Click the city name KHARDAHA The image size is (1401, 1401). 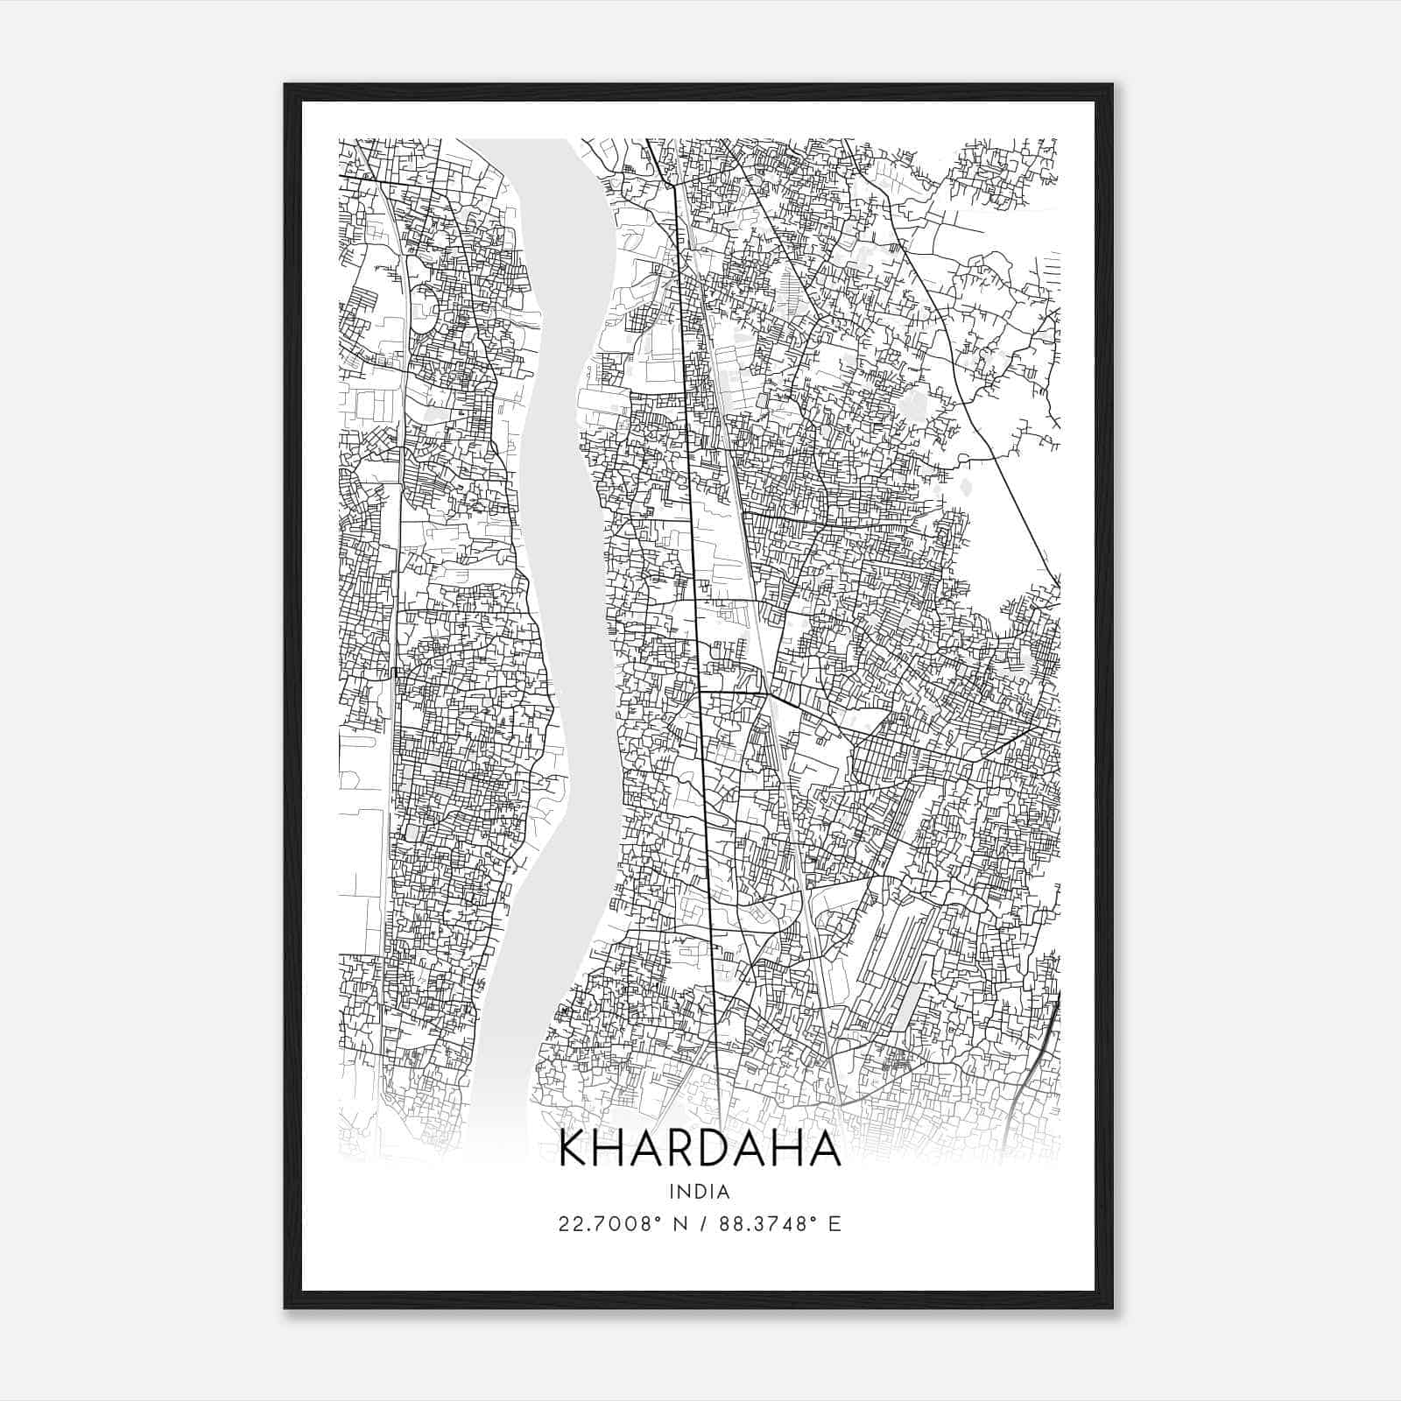pyautogui.click(x=700, y=1149)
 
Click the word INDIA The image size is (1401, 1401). pyautogui.click(x=700, y=1192)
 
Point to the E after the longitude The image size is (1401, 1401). pyautogui.click(x=834, y=1224)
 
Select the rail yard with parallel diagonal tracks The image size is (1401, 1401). pyautogui.click(x=893, y=963)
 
